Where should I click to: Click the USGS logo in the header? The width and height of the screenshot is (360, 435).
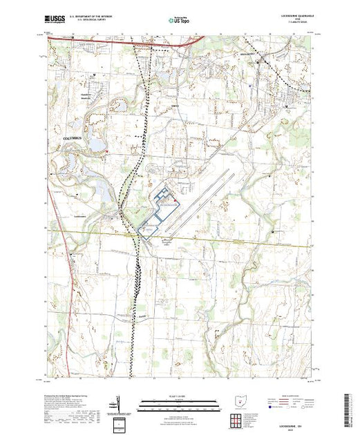tap(55, 19)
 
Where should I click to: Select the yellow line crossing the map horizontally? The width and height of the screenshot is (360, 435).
tap(207, 236)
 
